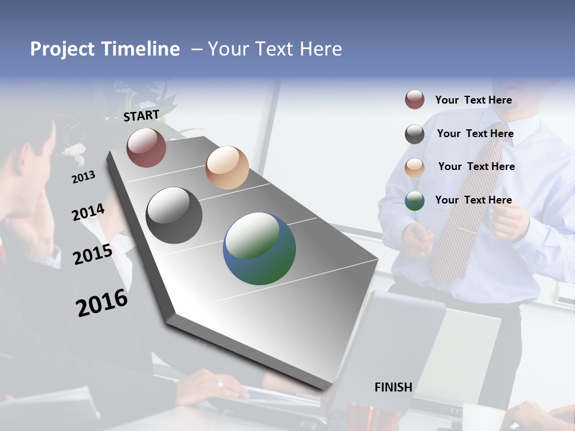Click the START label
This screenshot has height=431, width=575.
pyautogui.click(x=141, y=116)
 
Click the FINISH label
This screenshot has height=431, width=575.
pyautogui.click(x=394, y=387)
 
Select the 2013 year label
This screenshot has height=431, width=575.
pyautogui.click(x=83, y=177)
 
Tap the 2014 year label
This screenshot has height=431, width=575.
pyautogui.click(x=88, y=213)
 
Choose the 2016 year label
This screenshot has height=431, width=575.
pyautogui.click(x=102, y=303)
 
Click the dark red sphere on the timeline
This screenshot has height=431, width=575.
pyautogui.click(x=146, y=147)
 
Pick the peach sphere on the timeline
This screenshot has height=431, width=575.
pyautogui.click(x=227, y=168)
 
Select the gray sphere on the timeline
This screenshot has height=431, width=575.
pyautogui.click(x=174, y=215)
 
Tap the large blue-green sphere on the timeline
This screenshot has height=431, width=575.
pyautogui.click(x=259, y=248)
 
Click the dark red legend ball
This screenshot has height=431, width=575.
pyautogui.click(x=414, y=99)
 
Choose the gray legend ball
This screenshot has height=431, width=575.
pyautogui.click(x=414, y=134)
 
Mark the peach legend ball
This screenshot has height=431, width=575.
pyautogui.click(x=414, y=168)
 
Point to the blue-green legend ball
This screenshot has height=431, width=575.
pyautogui.click(x=414, y=201)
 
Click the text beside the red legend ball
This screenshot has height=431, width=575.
pyautogui.click(x=474, y=101)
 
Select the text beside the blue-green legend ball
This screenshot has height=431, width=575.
pyautogui.click(x=474, y=200)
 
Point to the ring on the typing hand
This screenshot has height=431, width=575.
pyautogui.click(x=220, y=383)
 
